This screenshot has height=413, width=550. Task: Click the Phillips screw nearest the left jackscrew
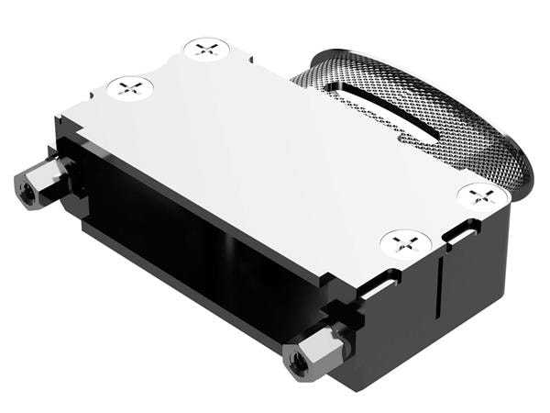click(129, 88)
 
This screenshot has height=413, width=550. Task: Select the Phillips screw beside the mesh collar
click(482, 195)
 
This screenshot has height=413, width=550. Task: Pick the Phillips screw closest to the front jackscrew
click(405, 243)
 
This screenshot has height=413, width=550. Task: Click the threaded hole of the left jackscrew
click(25, 189)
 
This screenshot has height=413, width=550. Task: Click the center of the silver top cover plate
click(275, 156)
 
